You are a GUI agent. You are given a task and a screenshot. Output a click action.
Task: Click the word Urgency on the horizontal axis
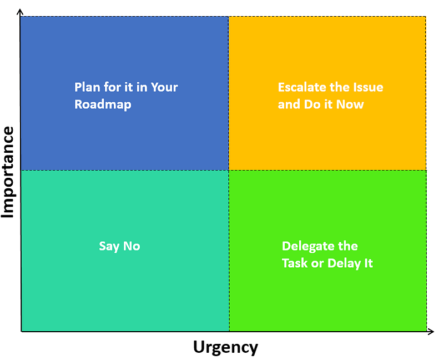click(x=225, y=347)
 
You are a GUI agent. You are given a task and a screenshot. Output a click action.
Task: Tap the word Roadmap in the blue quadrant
click(x=103, y=104)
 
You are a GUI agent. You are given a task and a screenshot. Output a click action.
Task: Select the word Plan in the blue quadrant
click(x=87, y=87)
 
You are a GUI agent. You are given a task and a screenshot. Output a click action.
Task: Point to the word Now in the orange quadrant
click(x=350, y=104)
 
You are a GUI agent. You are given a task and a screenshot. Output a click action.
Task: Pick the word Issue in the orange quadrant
click(x=368, y=87)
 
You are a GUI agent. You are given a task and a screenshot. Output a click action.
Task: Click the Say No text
click(x=119, y=246)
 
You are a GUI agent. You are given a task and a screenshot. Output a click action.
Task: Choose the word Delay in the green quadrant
click(x=344, y=263)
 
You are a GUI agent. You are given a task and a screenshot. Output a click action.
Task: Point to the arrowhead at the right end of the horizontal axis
click(x=431, y=332)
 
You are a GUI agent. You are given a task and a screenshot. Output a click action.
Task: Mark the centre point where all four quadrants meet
click(x=229, y=170)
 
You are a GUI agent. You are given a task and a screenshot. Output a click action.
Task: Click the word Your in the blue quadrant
click(x=165, y=87)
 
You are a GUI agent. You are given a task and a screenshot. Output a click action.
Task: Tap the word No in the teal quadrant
click(x=131, y=246)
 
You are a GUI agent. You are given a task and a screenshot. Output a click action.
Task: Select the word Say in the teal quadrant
click(x=109, y=246)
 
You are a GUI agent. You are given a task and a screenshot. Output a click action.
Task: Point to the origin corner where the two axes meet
click(x=21, y=332)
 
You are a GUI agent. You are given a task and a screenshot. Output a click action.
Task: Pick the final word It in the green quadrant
click(x=367, y=263)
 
